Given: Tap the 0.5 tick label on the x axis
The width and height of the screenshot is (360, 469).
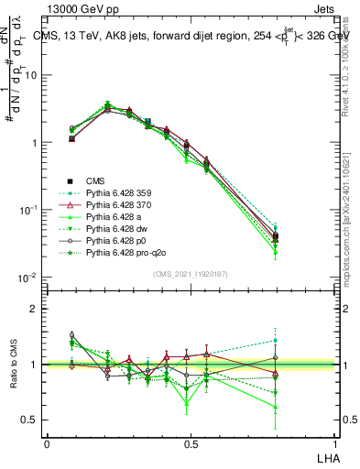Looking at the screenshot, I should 191,443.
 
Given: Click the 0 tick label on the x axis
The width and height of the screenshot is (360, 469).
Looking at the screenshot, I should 47,443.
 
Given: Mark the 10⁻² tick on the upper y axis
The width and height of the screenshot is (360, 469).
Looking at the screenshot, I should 30,277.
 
